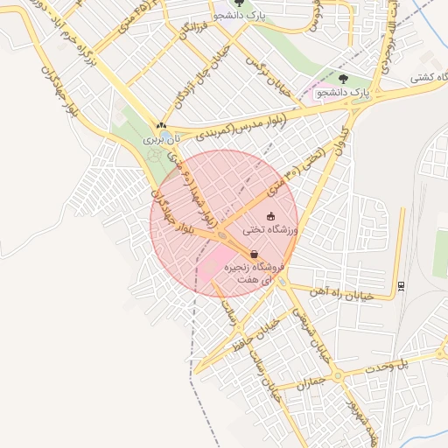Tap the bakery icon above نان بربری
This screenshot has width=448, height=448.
coord(161,125)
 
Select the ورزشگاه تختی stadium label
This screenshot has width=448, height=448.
coord(275,229)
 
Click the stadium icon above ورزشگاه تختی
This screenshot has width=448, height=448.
coord(270,216)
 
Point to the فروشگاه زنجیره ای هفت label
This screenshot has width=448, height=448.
coord(249,272)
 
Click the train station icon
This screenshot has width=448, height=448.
coord(401,285)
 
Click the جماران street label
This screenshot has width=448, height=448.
coord(310,382)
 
